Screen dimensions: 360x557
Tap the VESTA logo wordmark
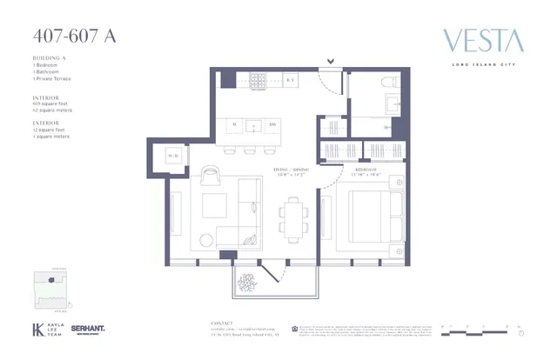[x=483, y=40]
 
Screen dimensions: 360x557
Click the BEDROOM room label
[x=366, y=169]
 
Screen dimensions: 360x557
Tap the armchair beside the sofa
[x=211, y=176]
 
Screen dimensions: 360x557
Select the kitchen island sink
[x=253, y=125]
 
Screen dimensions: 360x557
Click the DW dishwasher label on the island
[x=272, y=125]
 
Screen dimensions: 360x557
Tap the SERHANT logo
[x=88, y=329]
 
